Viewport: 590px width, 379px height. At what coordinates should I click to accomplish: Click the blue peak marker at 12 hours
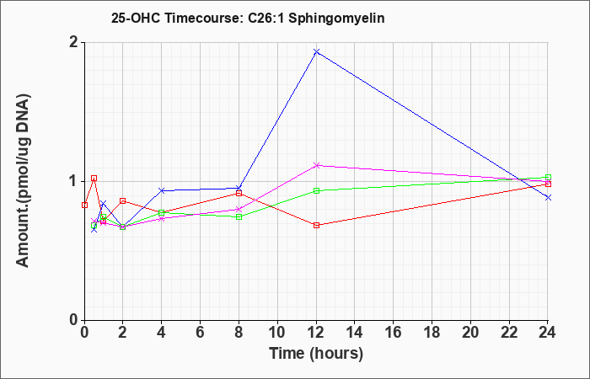316,51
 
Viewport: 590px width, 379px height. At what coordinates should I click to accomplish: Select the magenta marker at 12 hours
316,165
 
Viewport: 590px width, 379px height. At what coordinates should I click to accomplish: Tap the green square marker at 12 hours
316,190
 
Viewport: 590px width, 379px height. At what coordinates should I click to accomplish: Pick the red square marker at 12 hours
316,225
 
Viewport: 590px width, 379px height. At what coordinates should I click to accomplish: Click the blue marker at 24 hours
548,197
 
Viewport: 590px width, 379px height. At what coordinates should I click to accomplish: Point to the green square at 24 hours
548,177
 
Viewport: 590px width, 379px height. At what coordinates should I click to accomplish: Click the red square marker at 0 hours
84,205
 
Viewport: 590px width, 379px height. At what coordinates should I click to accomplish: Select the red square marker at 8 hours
239,193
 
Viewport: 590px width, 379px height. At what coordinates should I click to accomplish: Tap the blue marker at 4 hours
162,190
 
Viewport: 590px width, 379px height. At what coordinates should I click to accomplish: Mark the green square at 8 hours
239,217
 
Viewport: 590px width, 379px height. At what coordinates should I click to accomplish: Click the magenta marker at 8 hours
239,210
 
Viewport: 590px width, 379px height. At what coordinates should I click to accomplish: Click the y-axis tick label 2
74,42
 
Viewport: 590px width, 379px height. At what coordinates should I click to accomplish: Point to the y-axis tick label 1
74,182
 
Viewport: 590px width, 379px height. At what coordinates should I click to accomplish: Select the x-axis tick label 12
316,333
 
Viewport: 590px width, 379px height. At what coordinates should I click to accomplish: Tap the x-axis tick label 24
548,333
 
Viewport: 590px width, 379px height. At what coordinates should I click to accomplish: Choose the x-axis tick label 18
432,333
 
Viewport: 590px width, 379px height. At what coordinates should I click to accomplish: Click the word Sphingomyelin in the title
336,19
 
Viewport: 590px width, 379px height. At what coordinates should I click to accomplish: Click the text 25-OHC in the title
136,19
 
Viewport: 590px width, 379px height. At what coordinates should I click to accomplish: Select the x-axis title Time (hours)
316,354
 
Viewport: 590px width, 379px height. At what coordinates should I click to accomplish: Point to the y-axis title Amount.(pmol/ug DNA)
23,181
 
